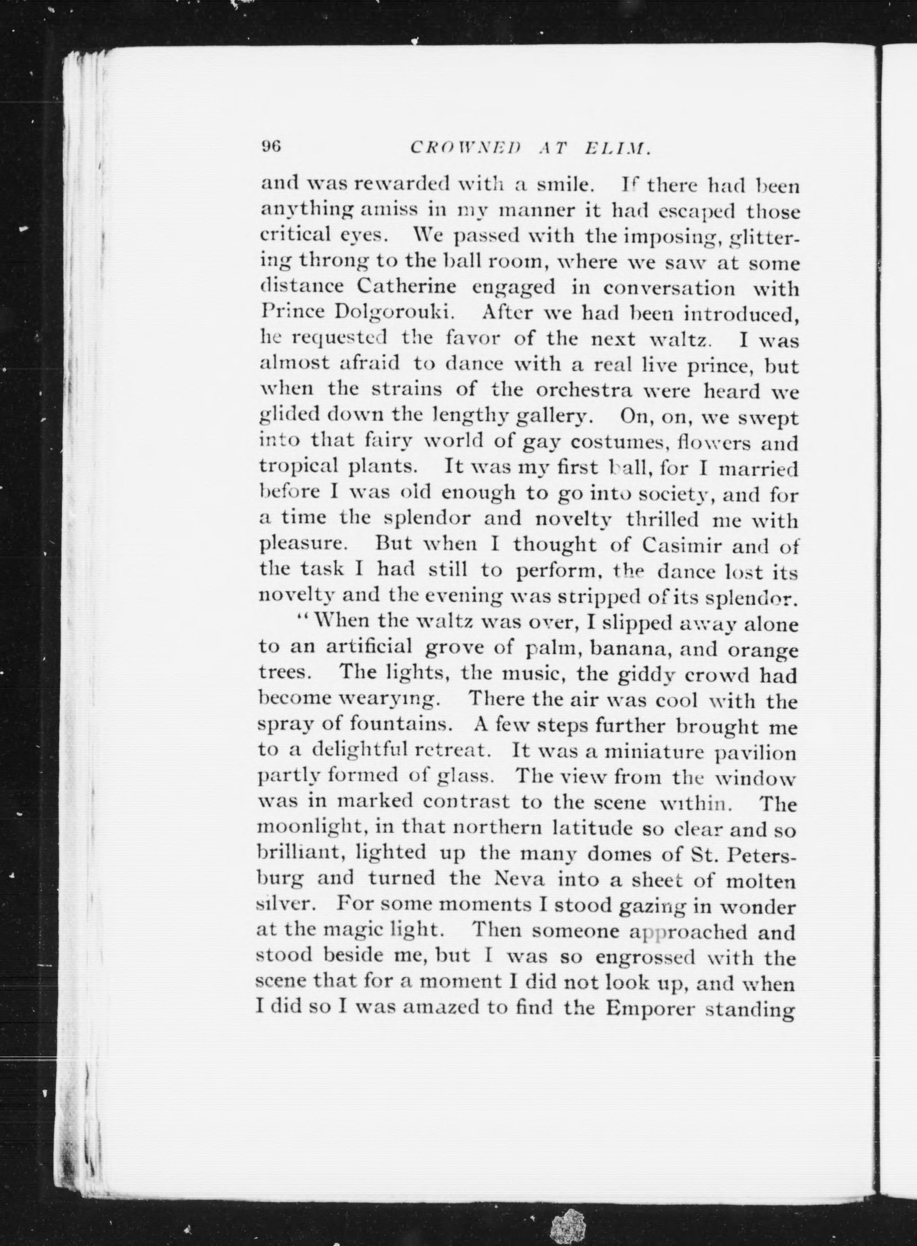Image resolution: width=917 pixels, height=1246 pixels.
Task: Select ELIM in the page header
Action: click(x=616, y=148)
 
